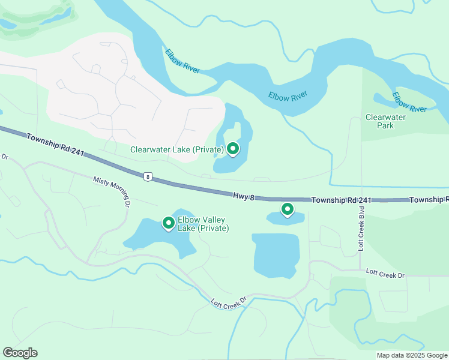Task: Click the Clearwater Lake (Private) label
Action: coord(177,149)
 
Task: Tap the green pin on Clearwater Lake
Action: coord(232,148)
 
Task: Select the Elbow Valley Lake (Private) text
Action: coord(203,224)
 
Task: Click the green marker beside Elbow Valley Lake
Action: coord(169,223)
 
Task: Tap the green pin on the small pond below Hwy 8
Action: coord(288,209)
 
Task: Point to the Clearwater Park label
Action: coord(385,121)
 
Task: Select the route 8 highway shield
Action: coord(147,176)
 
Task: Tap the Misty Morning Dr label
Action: coord(112,190)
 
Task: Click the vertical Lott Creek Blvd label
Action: coord(361,230)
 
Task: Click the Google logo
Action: coord(20,353)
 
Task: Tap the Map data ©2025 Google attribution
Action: coord(411,355)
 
